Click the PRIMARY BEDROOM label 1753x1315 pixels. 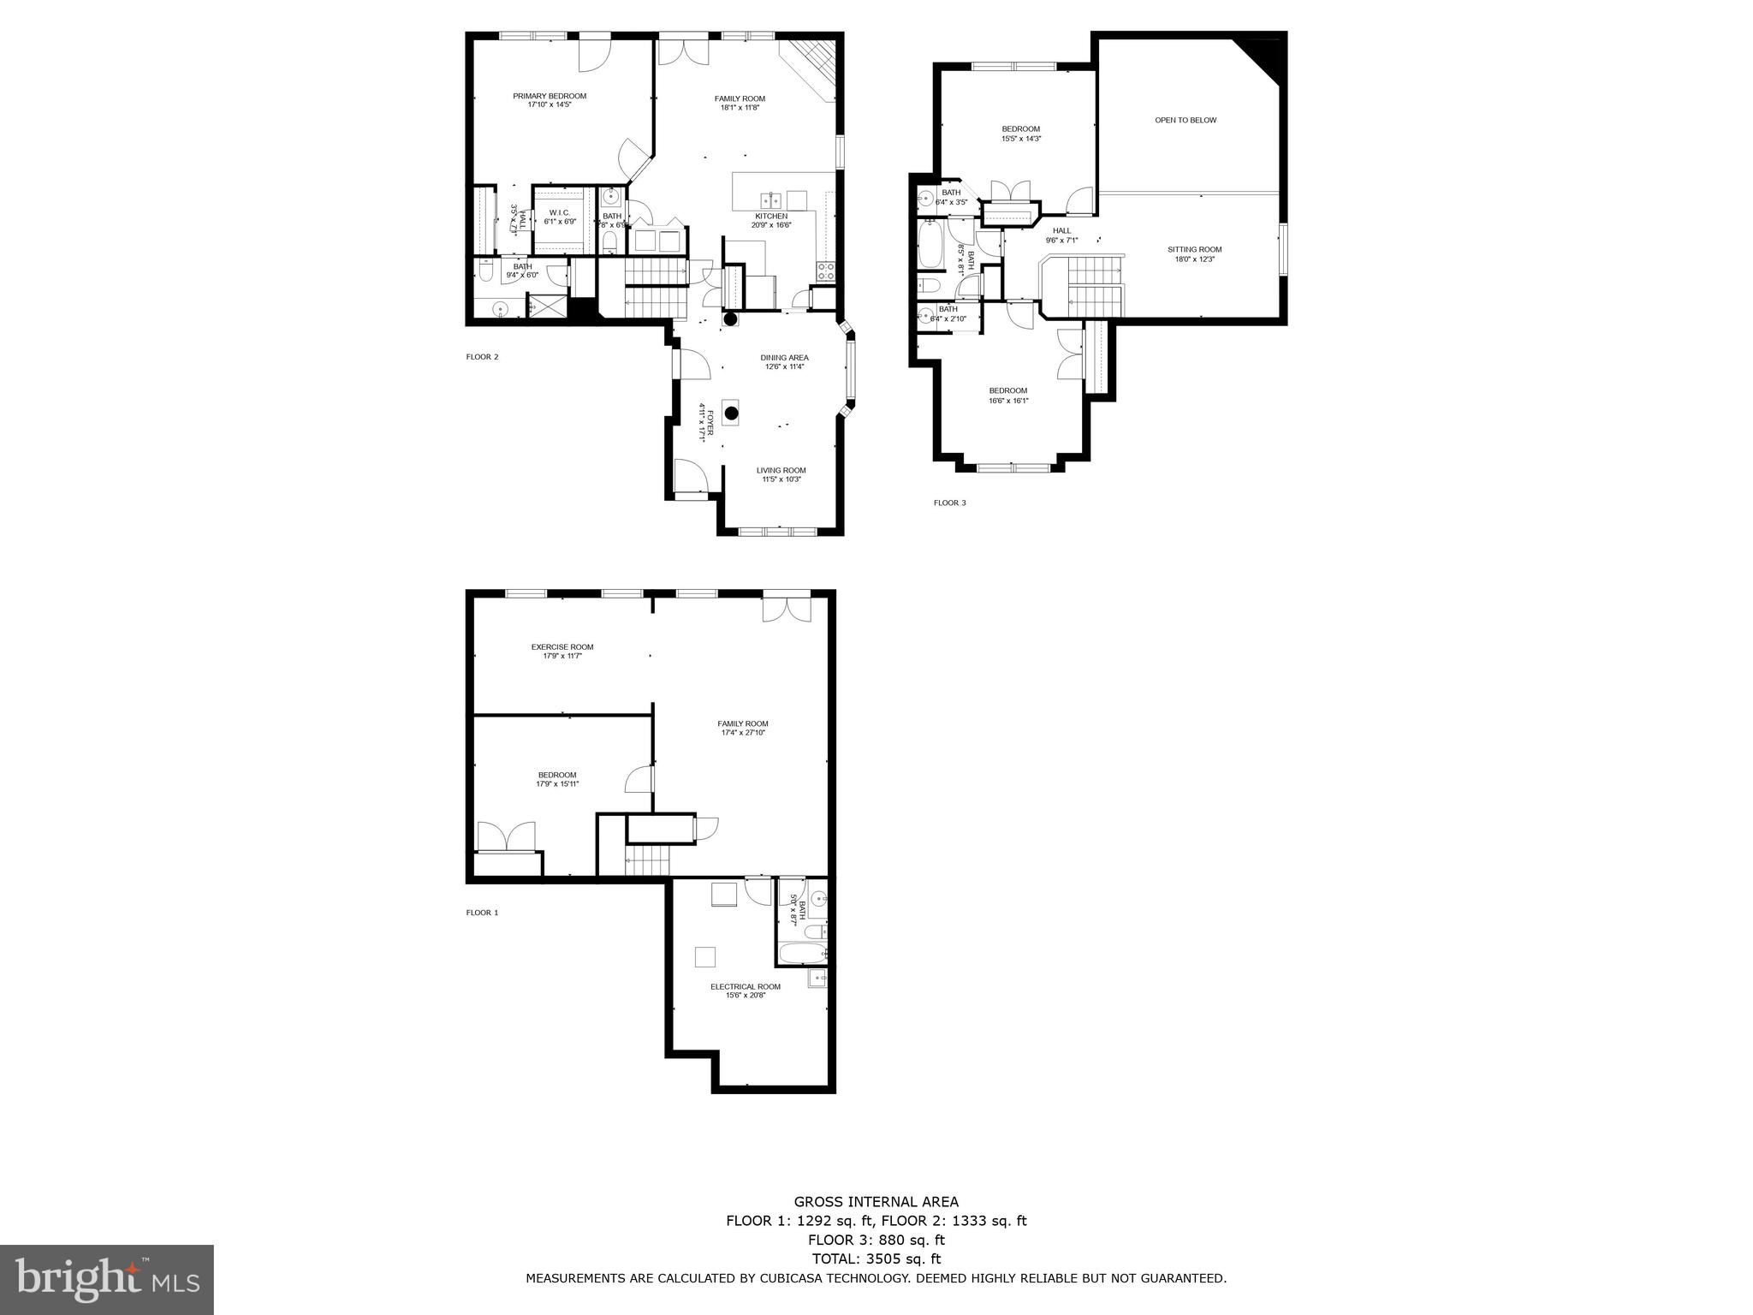tap(550, 96)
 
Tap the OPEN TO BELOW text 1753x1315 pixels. tap(1186, 120)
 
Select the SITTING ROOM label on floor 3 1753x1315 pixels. tap(1194, 250)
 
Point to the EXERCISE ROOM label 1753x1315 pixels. tap(562, 647)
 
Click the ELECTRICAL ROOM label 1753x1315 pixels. tap(745, 986)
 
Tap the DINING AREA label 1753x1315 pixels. tap(784, 358)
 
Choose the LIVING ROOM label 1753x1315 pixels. tap(781, 470)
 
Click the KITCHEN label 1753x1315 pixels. tap(770, 216)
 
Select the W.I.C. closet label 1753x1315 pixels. tap(560, 212)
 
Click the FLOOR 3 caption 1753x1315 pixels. tap(949, 503)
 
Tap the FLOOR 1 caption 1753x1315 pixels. tap(482, 913)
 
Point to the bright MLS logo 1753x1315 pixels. tap(107, 1280)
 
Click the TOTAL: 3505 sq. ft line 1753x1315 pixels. tap(876, 1258)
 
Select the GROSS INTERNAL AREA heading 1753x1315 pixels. tap(876, 1202)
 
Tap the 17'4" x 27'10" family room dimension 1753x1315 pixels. tap(742, 733)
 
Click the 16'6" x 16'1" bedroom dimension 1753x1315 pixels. tap(1008, 401)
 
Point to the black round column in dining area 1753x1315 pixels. tap(731, 413)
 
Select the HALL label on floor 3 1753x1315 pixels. tap(1061, 230)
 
